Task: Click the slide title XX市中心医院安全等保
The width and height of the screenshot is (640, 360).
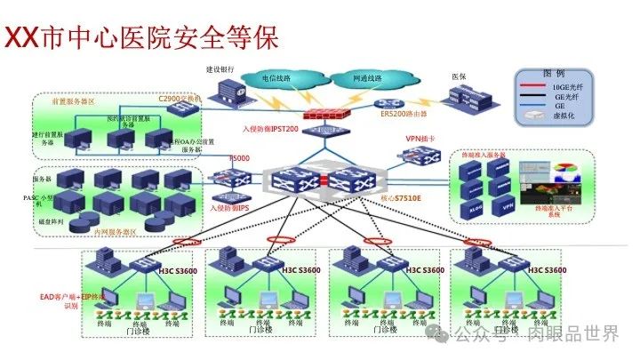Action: pyautogui.click(x=142, y=36)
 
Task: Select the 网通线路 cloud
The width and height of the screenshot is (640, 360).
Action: pyautogui.click(x=366, y=78)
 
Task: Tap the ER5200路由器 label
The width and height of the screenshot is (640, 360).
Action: pyautogui.click(x=397, y=115)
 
